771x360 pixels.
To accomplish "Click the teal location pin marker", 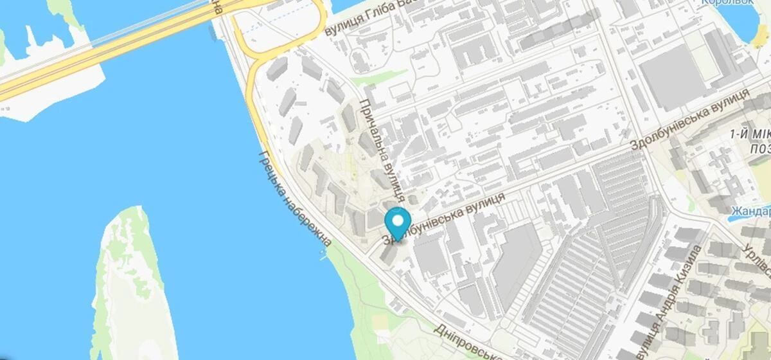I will tap(398, 222).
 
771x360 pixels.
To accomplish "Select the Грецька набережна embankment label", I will tap(295, 199).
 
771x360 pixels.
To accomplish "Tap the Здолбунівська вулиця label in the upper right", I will tap(691, 119).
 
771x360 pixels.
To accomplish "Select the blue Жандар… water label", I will tap(750, 211).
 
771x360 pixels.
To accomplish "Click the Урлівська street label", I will tap(758, 254).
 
